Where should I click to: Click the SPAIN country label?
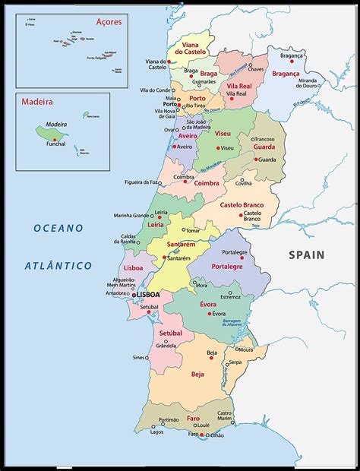click(305, 255)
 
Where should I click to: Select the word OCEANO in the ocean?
click(58, 228)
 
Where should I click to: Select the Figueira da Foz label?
click(143, 182)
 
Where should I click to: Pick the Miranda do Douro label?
click(307, 84)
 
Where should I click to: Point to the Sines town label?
click(138, 357)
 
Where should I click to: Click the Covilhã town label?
click(243, 183)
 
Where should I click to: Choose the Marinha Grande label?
click(131, 215)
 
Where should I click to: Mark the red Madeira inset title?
click(36, 100)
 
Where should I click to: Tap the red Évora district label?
click(208, 305)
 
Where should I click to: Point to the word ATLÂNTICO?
click(58, 266)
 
